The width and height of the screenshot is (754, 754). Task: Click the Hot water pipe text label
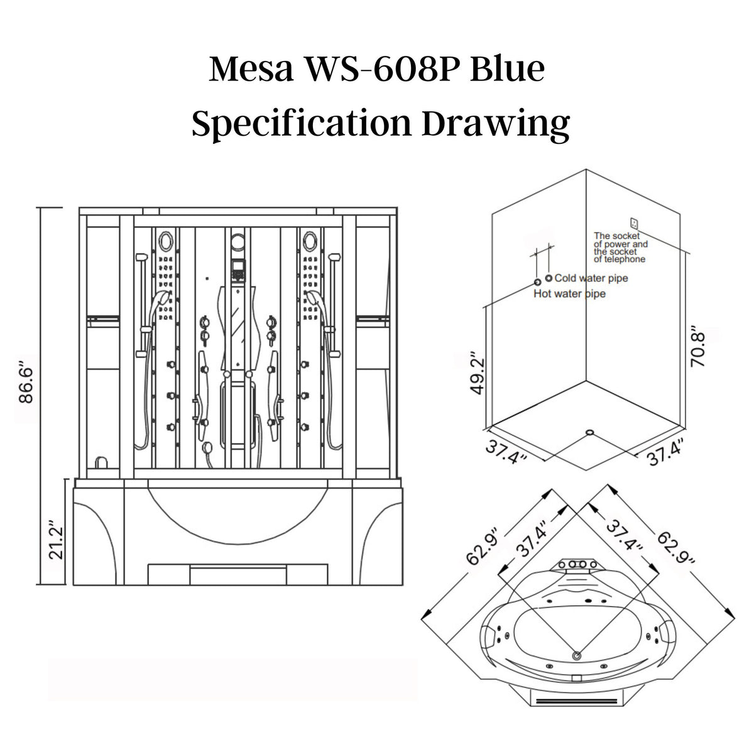(569, 293)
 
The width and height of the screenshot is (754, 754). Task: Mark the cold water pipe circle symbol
(549, 278)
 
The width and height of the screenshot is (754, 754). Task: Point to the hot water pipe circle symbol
(537, 282)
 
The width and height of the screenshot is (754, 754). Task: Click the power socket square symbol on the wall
(634, 222)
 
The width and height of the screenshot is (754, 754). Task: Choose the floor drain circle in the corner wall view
(589, 432)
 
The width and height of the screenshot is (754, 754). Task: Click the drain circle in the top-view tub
(576, 655)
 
